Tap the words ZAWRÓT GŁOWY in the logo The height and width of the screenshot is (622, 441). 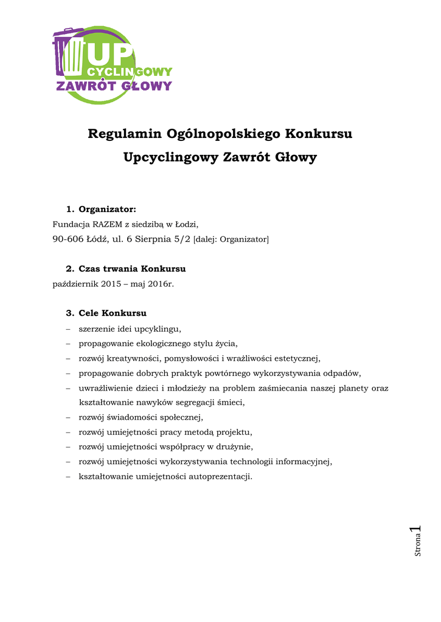tap(114, 86)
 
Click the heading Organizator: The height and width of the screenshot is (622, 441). tap(107, 210)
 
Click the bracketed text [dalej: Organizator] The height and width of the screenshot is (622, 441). tap(231, 239)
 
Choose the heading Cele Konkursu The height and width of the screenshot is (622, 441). tap(113, 313)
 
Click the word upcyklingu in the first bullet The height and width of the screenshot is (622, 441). tap(157, 329)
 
